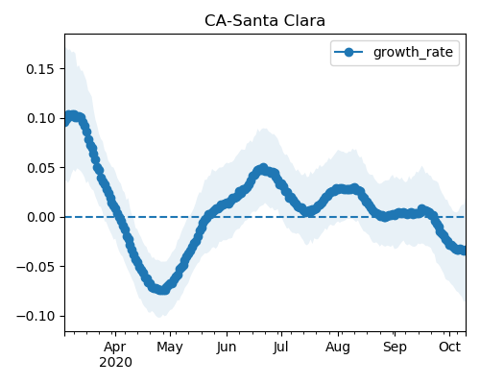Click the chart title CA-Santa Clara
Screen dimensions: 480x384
tap(265, 21)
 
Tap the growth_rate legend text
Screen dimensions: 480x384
tap(413, 52)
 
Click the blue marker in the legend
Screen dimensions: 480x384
tap(348, 52)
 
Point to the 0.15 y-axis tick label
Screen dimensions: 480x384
tap(40, 69)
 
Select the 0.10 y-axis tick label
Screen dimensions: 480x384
tap(40, 118)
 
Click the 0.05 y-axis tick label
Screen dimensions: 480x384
tap(40, 168)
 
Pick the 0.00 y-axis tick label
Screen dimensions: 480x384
tap(40, 217)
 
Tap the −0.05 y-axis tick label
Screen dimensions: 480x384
tap(36, 267)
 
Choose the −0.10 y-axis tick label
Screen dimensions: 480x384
tap(36, 316)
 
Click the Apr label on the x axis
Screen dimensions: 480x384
tap(115, 347)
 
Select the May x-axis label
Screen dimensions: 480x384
tap(170, 347)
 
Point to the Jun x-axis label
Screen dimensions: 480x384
tap(227, 347)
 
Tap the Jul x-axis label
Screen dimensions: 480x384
tap(280, 347)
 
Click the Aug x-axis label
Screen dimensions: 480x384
tap(338, 347)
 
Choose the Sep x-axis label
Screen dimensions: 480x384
tap(395, 347)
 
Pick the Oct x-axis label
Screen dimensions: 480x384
tap(449, 347)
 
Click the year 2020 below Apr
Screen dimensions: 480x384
tap(115, 363)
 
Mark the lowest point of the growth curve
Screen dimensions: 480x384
tap(163, 290)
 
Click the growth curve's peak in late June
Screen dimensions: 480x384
tap(263, 168)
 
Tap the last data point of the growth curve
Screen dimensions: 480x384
tap(463, 251)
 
